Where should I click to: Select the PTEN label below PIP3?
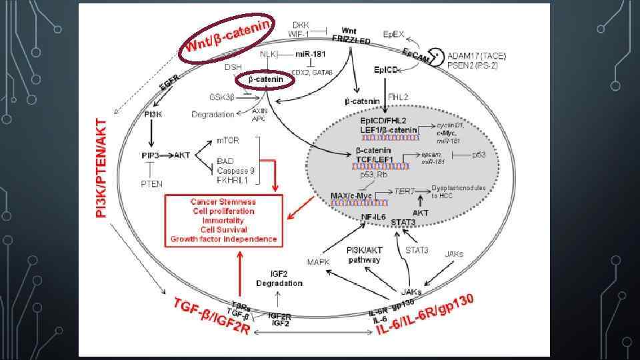tap(151, 184)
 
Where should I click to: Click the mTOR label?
tap(229, 141)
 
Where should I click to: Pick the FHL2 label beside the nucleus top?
tap(398, 97)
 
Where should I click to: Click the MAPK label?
tap(318, 262)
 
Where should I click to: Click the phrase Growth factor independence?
tap(223, 239)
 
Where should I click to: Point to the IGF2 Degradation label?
tap(279, 279)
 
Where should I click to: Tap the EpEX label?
tap(394, 33)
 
